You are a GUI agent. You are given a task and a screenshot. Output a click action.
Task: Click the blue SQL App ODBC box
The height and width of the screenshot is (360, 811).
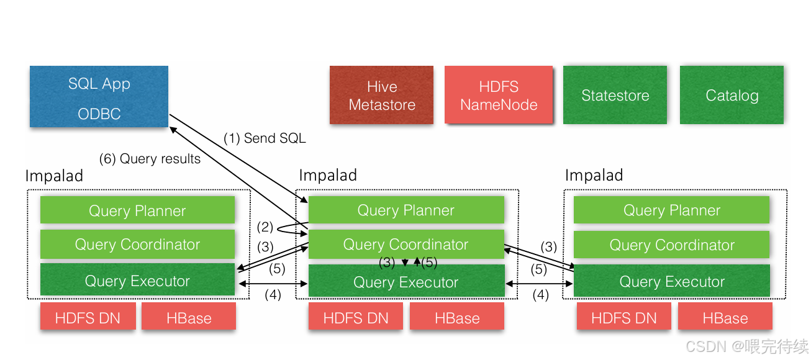[x=99, y=97]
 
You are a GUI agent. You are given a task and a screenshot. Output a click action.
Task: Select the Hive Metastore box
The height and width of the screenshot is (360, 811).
[x=382, y=96]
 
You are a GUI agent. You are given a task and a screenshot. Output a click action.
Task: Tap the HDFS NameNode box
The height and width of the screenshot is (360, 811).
[x=499, y=96]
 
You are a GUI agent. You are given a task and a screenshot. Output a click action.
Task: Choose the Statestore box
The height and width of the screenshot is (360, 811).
[x=615, y=96]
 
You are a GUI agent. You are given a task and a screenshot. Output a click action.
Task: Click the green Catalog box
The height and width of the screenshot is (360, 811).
[x=732, y=96]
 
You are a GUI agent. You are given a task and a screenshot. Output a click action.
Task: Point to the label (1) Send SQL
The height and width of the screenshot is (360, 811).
[x=265, y=138]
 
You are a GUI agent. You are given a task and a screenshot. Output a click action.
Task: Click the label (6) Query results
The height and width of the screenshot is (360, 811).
[x=150, y=159]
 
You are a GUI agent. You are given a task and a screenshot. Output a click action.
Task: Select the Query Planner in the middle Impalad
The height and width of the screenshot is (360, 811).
[x=406, y=210]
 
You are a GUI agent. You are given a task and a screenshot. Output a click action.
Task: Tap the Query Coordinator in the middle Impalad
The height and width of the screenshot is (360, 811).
[x=406, y=245]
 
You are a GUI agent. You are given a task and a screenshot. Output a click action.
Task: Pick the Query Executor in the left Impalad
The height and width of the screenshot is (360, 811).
[x=137, y=281]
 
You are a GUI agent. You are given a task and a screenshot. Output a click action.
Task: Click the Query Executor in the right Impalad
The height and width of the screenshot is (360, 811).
[x=672, y=282]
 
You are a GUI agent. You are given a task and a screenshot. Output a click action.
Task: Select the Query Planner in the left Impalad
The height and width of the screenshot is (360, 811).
[x=137, y=210]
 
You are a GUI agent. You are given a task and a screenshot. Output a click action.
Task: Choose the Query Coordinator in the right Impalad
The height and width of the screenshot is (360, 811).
[x=672, y=245]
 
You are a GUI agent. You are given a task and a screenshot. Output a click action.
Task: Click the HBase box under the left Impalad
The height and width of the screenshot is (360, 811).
[x=189, y=318]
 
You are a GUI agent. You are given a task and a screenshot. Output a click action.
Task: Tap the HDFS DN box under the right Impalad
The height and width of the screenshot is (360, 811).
[x=623, y=318]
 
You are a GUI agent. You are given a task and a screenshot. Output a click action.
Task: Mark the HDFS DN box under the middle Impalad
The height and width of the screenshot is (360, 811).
[x=356, y=318]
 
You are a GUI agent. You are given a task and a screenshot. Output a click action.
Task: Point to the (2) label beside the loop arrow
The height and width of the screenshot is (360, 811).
[x=266, y=227]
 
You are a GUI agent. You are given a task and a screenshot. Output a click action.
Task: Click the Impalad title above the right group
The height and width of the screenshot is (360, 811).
[x=594, y=176]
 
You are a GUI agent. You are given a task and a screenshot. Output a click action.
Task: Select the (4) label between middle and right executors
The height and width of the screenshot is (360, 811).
[x=541, y=295]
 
